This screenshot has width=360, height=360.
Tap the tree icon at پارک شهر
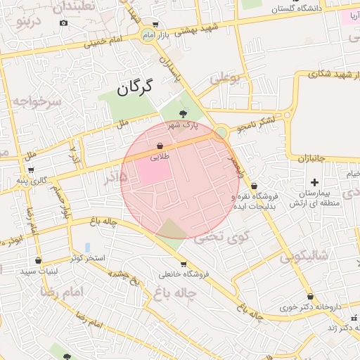(x=184, y=112)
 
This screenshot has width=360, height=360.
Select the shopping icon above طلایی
(x=160, y=146)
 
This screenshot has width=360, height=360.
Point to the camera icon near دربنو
(x=64, y=22)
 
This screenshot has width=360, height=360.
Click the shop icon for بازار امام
(x=155, y=25)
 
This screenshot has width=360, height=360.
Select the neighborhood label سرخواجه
(x=37, y=102)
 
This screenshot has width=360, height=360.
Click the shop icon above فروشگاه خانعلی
(x=184, y=264)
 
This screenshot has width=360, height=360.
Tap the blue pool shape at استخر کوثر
(x=87, y=247)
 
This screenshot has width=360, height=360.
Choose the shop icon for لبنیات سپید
(x=37, y=261)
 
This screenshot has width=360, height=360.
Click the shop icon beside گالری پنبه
(x=31, y=169)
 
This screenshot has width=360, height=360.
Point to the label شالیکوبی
(x=304, y=257)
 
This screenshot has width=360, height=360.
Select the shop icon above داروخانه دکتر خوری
(x=310, y=297)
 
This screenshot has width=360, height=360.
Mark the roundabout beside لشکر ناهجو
(x=221, y=132)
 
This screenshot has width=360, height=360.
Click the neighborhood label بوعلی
(x=225, y=77)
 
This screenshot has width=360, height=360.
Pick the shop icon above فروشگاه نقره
(x=253, y=186)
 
